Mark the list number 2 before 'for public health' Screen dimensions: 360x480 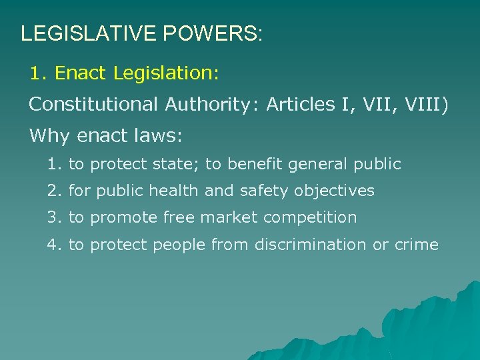[53, 191]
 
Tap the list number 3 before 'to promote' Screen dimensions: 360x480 [53, 218]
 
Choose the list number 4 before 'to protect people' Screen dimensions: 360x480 [53, 245]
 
